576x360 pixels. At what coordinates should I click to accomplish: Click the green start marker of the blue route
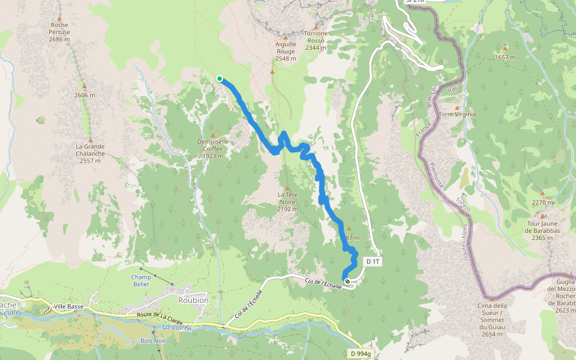pos(220,79)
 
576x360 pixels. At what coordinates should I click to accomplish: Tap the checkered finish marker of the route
pos(347,281)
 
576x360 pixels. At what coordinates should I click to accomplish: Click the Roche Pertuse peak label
pos(60,32)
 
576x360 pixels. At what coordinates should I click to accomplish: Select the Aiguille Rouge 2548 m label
pos(286,52)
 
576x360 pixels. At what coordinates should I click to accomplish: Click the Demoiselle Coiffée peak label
pos(213,149)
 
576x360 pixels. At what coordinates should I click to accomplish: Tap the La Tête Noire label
pos(287,202)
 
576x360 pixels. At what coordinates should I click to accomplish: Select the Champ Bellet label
pos(142,281)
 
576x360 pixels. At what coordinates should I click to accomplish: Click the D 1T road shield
pos(372,262)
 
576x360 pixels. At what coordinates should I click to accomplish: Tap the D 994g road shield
pos(362,353)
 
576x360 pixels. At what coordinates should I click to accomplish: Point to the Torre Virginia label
pos(457,114)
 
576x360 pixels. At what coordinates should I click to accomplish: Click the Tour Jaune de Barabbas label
pos(542,230)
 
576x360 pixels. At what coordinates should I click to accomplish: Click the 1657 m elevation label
pos(505,57)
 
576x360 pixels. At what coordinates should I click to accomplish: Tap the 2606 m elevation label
pos(85,95)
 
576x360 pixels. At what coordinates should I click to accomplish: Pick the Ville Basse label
pos(68,307)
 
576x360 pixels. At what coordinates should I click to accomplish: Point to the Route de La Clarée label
pos(160,315)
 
